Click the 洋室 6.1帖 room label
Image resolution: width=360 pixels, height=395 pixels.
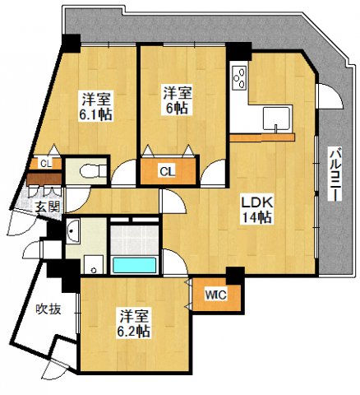tap(96, 105)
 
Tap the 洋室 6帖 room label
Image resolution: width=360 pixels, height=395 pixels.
tap(178, 100)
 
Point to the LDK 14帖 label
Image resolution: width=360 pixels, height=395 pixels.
tap(256, 208)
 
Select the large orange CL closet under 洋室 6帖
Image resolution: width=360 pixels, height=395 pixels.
tap(167, 171)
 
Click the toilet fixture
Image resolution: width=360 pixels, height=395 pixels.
tap(86, 172)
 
